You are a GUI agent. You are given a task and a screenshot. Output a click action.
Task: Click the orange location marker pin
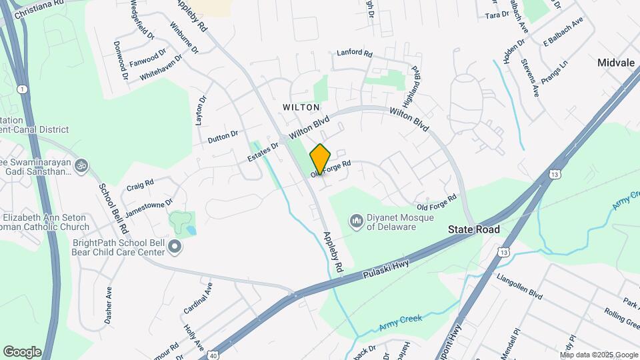coord(320,159)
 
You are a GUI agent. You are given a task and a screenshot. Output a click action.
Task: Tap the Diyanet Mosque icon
coord(356,220)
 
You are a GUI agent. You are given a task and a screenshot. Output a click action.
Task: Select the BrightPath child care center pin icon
coord(175,247)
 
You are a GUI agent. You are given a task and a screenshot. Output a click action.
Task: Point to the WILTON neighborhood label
coord(301,107)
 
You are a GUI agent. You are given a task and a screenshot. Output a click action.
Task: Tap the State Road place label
coord(474,229)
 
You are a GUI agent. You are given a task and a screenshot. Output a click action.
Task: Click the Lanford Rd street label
coord(354,52)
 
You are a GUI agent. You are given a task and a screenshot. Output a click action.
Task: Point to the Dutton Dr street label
coord(223,137)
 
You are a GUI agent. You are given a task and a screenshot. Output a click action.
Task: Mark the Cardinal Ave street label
coord(198,297)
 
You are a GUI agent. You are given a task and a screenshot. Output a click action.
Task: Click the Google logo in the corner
coord(22,352)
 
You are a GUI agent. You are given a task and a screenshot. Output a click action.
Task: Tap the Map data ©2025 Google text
coord(599,355)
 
